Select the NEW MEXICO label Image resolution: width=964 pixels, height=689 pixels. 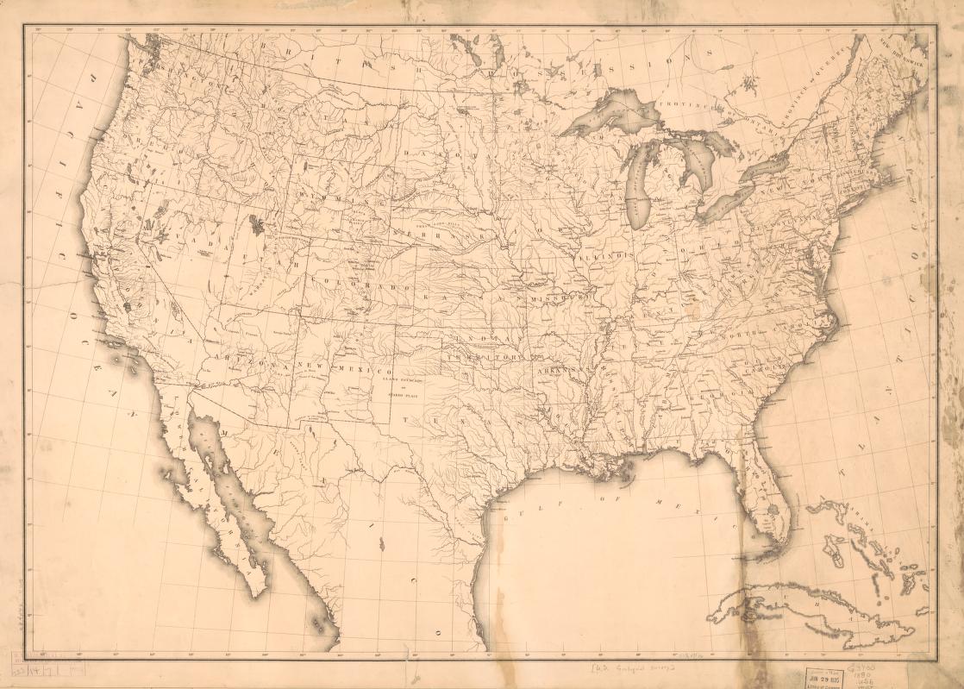pyautogui.click(x=345, y=367)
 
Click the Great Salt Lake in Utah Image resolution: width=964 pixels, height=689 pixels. pyautogui.click(x=256, y=225)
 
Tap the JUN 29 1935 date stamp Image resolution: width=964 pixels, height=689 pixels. pyautogui.click(x=823, y=674)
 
